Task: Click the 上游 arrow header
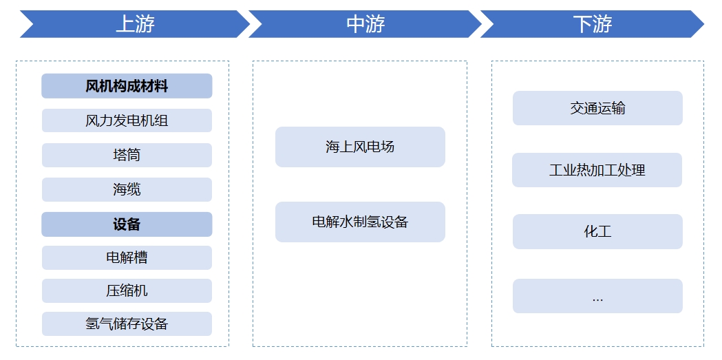(x=134, y=24)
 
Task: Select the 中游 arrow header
(x=365, y=24)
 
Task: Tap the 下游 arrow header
(x=592, y=24)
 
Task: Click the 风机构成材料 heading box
(x=127, y=86)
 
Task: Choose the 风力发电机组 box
(x=127, y=120)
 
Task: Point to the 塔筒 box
(x=127, y=155)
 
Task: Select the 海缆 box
(x=127, y=189)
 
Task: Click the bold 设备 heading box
(x=127, y=224)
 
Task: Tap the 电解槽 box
(x=127, y=257)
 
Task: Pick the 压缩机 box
(x=127, y=290)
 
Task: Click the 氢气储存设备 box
(x=127, y=324)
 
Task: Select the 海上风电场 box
(x=360, y=147)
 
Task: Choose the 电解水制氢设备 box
(x=360, y=222)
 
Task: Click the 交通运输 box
(x=597, y=108)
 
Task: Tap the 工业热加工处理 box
(x=597, y=170)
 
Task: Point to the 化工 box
(x=597, y=231)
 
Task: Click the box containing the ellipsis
(x=597, y=296)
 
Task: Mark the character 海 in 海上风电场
(x=332, y=147)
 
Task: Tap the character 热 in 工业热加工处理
(x=583, y=170)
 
